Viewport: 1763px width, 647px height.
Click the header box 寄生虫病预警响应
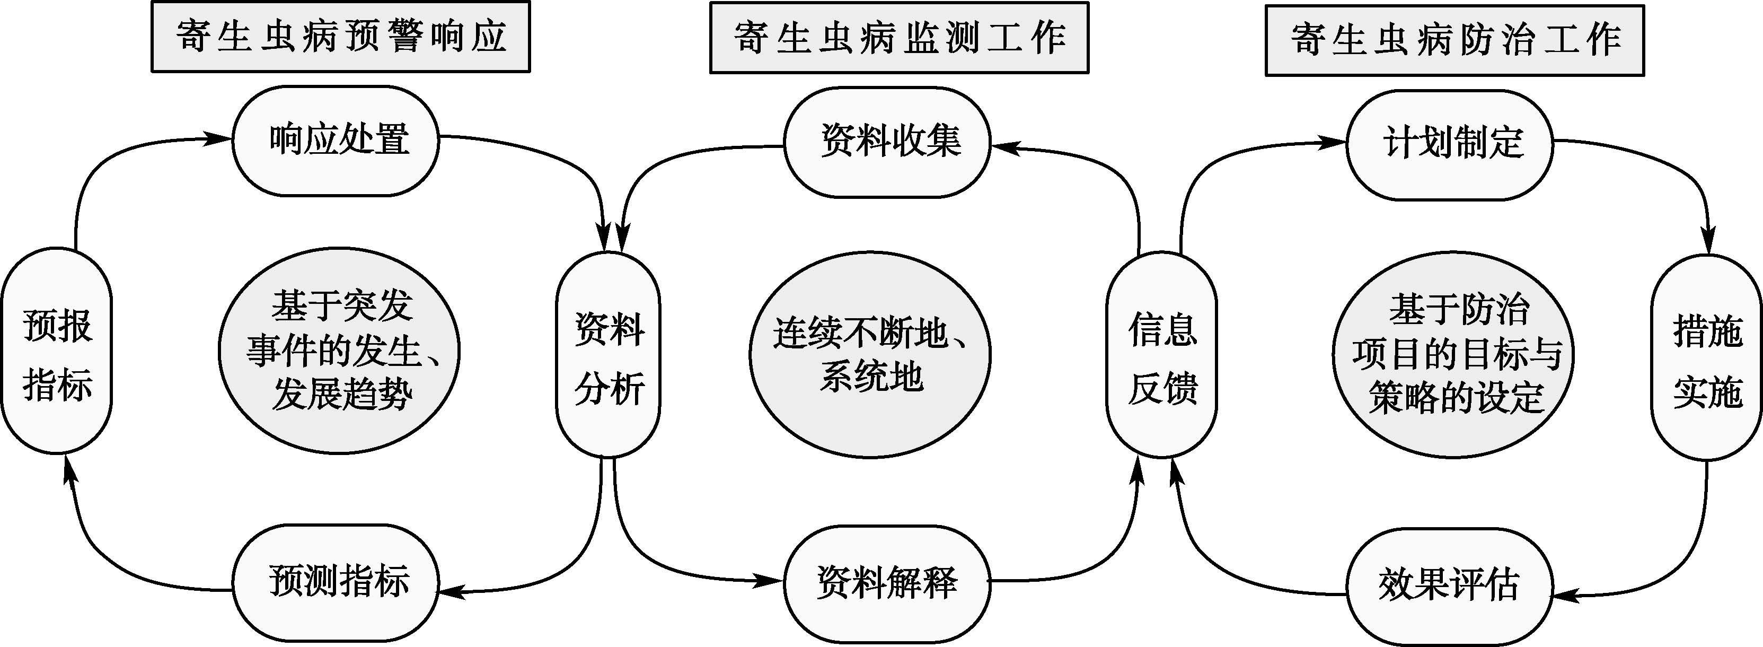[340, 36]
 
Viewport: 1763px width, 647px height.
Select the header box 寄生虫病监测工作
[898, 38]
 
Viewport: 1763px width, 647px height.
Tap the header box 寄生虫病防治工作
[1455, 40]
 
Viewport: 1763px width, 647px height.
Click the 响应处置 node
[336, 141]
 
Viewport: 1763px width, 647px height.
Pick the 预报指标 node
[57, 351]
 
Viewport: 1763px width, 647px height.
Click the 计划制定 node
[1450, 144]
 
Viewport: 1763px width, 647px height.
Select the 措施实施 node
[1707, 357]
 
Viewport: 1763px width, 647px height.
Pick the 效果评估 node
[1450, 585]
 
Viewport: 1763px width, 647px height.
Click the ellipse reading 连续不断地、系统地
[870, 355]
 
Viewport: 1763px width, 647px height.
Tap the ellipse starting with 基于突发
[339, 351]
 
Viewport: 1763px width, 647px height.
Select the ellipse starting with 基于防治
[1453, 355]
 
